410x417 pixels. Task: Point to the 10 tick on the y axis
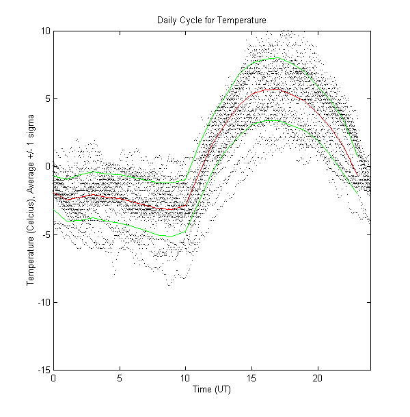point(45,31)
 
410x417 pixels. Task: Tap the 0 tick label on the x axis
point(53,378)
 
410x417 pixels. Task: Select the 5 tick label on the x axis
point(120,378)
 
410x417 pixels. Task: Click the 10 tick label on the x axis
point(185,378)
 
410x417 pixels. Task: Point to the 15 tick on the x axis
point(251,378)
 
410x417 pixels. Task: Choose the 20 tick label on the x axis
point(318,378)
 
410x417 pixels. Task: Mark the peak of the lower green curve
point(273,120)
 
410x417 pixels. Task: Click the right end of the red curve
point(357,176)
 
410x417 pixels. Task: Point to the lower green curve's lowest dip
point(169,236)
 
